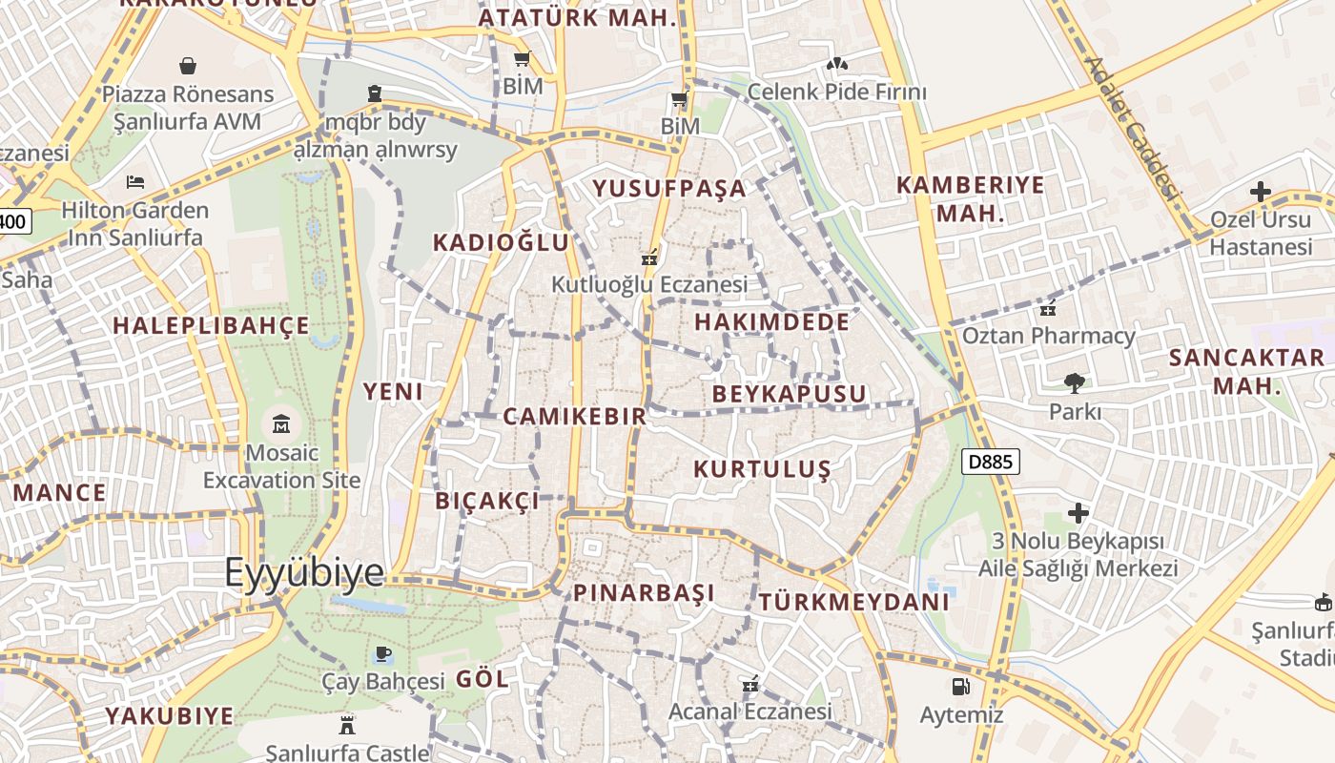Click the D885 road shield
click(x=991, y=463)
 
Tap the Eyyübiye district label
click(x=304, y=573)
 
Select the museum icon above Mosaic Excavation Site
click(x=281, y=423)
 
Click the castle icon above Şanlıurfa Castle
click(x=347, y=725)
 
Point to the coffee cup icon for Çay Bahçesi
click(x=382, y=653)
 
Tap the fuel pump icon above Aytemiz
click(x=960, y=686)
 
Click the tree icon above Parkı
click(x=1075, y=382)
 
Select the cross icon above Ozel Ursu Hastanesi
click(x=1261, y=192)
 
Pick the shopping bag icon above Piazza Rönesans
click(x=188, y=66)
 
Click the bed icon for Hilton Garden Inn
click(x=134, y=181)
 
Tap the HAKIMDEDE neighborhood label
click(x=771, y=322)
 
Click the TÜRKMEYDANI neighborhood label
click(x=854, y=602)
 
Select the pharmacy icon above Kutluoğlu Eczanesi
click(x=650, y=257)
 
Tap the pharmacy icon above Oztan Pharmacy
click(x=1048, y=308)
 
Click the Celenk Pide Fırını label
click(x=836, y=93)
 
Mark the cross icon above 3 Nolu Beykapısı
click(x=1078, y=513)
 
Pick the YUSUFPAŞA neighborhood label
click(x=669, y=189)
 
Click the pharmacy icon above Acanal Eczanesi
click(x=750, y=684)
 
